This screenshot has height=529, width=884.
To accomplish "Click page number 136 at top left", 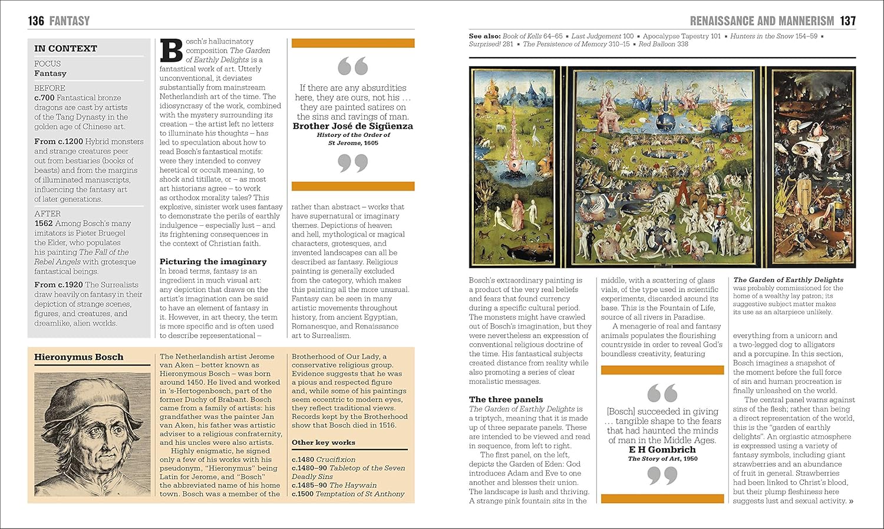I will point(36,21).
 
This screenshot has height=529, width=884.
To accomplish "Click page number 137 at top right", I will point(847,21).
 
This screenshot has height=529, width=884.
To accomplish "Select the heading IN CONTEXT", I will point(65,48).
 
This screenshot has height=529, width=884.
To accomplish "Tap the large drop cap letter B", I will point(171,51).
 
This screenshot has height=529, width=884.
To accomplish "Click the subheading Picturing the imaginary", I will point(213,261).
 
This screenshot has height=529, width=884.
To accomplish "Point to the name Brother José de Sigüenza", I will point(352,126).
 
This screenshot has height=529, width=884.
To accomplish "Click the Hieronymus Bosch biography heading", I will point(78,357).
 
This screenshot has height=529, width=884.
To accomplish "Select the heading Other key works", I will point(323,442).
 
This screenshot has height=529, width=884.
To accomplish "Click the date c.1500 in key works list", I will point(302,494).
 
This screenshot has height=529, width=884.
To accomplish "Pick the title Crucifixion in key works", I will point(336,459).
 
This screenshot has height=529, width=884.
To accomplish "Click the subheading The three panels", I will point(506,399).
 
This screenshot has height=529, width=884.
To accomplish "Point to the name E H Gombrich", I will point(662,449).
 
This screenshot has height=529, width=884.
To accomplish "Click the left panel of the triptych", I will point(515,167).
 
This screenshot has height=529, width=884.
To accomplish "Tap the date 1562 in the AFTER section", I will point(43,224).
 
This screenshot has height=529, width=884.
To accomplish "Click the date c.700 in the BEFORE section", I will point(44,98).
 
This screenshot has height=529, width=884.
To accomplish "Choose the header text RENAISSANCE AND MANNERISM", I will point(761,21).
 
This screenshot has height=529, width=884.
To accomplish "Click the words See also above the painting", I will point(483,36).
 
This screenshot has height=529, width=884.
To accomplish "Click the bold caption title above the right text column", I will point(788,280).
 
